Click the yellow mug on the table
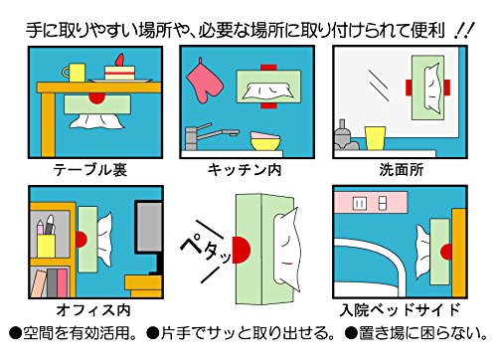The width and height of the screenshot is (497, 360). [75, 73]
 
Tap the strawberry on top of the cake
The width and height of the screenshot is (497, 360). [120, 60]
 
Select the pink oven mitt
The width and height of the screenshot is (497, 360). [203, 82]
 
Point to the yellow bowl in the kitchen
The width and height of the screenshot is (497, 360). [265, 143]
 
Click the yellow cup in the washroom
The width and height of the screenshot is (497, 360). [376, 138]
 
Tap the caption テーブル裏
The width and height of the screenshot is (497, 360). [89, 170]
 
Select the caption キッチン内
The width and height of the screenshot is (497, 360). [245, 170]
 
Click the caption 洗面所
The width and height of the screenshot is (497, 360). [402, 170]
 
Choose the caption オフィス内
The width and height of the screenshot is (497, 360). [93, 310]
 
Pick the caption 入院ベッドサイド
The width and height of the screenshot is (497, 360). [400, 310]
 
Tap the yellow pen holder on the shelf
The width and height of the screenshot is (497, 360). [46, 246]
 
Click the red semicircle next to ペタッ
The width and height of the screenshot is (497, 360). [241, 250]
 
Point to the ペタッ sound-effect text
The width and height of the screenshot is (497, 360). [207, 251]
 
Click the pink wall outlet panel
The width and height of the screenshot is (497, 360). [371, 203]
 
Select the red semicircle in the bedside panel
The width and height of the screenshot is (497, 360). [446, 252]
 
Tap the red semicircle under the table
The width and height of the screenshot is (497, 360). [96, 98]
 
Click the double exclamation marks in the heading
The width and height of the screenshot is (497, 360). [464, 31]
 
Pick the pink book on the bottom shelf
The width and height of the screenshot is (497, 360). [62, 282]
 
